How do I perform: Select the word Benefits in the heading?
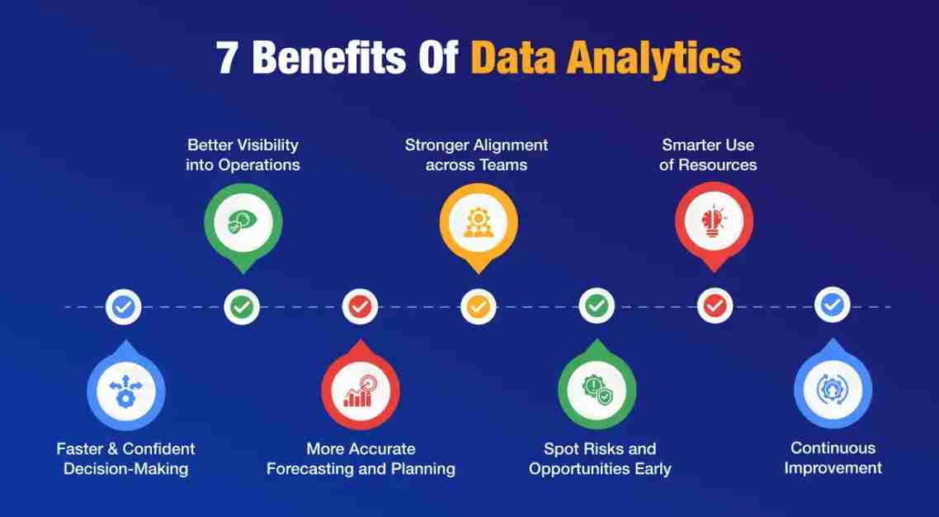tap(328, 59)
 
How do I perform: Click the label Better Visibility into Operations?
tap(243, 154)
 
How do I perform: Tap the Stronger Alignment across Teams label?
tap(477, 154)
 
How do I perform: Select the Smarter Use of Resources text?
tap(708, 154)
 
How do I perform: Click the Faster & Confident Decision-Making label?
tap(125, 458)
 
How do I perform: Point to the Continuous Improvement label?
tap(833, 458)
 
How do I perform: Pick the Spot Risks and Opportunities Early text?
tap(599, 458)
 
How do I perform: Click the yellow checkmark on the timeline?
tap(478, 306)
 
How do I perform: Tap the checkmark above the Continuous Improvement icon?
tap(832, 306)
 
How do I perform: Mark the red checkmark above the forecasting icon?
tap(360, 306)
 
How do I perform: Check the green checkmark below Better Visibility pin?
tap(242, 306)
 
